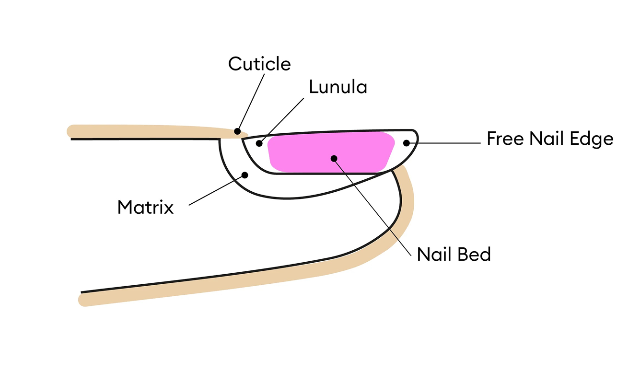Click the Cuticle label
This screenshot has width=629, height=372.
click(x=259, y=64)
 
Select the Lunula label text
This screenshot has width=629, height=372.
click(x=338, y=87)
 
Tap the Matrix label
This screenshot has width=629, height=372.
click(x=145, y=207)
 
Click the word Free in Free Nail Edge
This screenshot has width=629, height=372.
click(x=506, y=139)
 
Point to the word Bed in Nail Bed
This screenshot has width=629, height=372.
click(x=474, y=254)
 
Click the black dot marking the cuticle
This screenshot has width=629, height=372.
click(x=237, y=131)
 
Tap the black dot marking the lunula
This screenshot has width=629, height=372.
click(x=259, y=143)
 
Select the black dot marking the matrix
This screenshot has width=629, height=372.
click(x=245, y=175)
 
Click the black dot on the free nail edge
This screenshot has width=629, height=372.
click(x=407, y=142)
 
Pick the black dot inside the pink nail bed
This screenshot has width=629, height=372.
click(x=334, y=158)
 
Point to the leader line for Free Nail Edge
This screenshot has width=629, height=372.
click(x=446, y=142)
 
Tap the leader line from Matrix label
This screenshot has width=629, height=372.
click(x=216, y=190)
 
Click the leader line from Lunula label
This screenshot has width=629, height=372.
click(x=283, y=120)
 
